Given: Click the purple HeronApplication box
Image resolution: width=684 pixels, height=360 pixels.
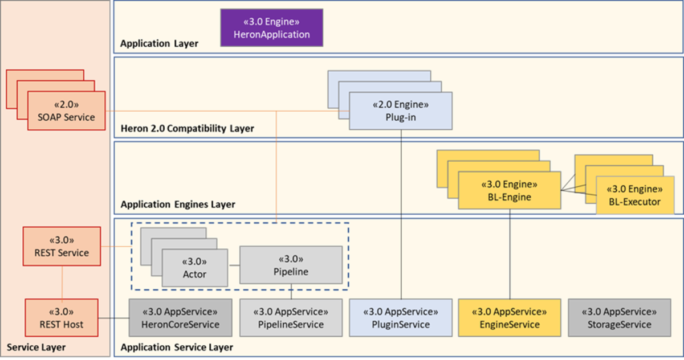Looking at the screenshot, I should click(x=272, y=28).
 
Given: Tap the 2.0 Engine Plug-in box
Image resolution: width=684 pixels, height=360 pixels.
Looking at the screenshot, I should click(x=400, y=111).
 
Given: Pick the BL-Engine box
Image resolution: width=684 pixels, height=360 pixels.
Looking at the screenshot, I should click(x=510, y=192).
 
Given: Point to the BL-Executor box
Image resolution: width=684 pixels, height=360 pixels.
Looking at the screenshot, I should click(x=634, y=195).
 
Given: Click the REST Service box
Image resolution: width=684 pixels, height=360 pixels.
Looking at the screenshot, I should click(x=62, y=246).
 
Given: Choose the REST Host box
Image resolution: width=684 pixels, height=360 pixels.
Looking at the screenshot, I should click(x=62, y=318).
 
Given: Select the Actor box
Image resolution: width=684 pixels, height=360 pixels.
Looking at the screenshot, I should click(x=194, y=268).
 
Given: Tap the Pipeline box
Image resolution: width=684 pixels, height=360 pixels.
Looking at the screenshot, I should click(x=291, y=265).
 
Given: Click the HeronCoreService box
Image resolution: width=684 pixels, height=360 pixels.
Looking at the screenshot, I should click(x=181, y=318).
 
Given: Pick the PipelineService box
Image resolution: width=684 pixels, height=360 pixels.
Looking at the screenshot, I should click(x=291, y=318).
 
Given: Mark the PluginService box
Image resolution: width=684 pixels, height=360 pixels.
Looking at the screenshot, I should click(x=400, y=318).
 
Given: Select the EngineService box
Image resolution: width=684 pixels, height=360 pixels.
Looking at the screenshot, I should click(x=510, y=318).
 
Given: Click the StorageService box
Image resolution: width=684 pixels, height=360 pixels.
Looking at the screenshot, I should click(x=619, y=318).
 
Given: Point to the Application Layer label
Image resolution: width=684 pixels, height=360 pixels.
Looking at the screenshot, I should click(x=160, y=43).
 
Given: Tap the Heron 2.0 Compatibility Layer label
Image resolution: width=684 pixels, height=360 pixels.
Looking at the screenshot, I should click(x=188, y=129).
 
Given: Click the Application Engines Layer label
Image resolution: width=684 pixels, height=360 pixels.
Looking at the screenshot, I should click(x=178, y=204).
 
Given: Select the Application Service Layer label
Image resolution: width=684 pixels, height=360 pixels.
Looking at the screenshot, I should click(x=177, y=347).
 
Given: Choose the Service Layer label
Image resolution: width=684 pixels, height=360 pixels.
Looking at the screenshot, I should click(x=36, y=347).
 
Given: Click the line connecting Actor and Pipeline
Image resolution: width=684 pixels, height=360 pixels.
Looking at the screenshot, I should click(x=234, y=265).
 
